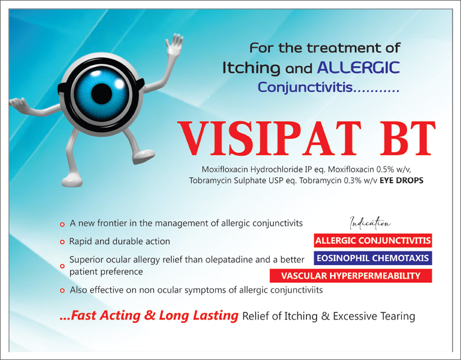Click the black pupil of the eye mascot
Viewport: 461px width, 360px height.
tap(102, 94)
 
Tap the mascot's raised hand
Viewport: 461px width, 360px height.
tap(175, 44)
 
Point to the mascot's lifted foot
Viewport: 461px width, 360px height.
tap(143, 156)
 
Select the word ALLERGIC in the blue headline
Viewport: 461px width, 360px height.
tap(358, 67)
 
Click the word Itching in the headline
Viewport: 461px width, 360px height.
tap(251, 68)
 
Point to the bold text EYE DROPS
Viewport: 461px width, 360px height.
tap(401, 181)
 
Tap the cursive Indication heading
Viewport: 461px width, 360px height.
tap(370, 223)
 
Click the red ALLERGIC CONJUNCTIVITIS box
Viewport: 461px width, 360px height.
tap(373, 241)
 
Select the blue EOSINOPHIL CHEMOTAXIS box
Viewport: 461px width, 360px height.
tap(373, 258)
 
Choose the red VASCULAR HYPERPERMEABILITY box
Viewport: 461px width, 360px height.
tap(351, 276)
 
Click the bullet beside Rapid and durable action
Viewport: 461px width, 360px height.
tap(62, 242)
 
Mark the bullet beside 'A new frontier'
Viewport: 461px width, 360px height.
tap(62, 224)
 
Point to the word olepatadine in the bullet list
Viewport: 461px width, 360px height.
tap(229, 260)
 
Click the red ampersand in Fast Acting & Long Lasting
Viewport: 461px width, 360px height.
tap(150, 316)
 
